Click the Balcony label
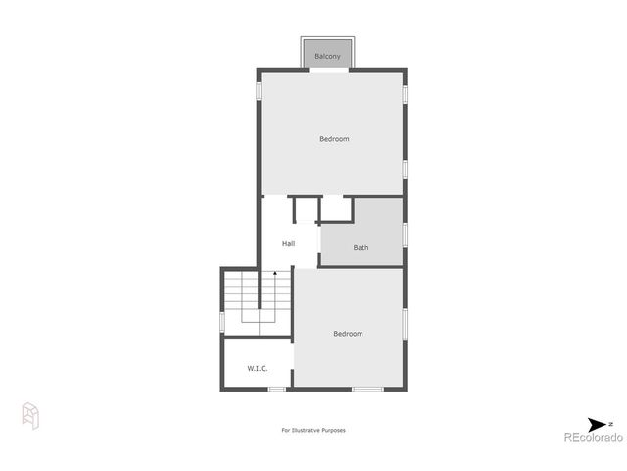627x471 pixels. click(x=328, y=58)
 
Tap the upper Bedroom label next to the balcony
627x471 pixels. click(x=334, y=139)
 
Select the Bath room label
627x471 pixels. click(x=362, y=248)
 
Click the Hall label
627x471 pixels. click(x=289, y=243)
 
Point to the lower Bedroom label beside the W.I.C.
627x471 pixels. click(x=348, y=334)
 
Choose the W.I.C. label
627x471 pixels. click(x=258, y=369)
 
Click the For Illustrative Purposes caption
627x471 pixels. click(x=313, y=430)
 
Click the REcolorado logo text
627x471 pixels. click(x=592, y=438)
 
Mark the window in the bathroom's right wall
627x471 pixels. click(x=404, y=235)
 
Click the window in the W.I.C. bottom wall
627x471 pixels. click(x=277, y=390)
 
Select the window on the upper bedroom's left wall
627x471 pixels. click(x=259, y=91)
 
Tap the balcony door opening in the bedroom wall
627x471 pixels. click(x=328, y=70)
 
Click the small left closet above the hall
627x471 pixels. click(x=306, y=209)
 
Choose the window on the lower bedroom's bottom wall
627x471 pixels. click(x=367, y=390)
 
